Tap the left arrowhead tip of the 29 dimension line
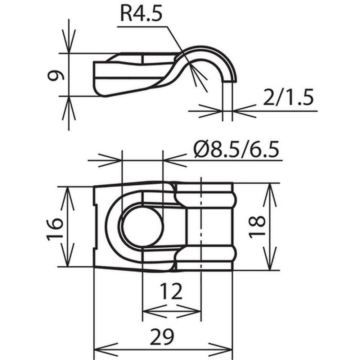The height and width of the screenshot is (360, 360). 94,350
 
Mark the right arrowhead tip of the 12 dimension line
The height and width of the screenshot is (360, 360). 201,311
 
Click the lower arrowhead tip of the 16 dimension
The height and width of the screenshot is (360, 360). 68,267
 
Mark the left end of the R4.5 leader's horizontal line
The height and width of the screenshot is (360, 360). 117,27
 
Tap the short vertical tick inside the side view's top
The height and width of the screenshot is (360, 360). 143,59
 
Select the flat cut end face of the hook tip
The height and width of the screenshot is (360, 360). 229,81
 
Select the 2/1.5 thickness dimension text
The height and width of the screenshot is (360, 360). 288,97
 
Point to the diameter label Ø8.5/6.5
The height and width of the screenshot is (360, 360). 237,149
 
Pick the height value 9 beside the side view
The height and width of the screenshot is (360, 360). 55,76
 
